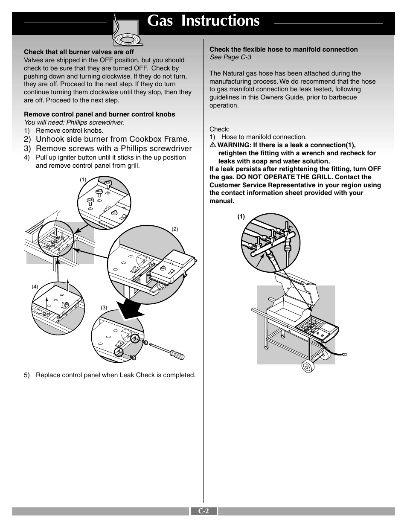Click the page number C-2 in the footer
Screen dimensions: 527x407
pyautogui.click(x=203, y=511)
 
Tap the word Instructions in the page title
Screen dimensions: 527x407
pyautogui.click(x=220, y=21)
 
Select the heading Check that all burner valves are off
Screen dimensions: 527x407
pyautogui.click(x=79, y=52)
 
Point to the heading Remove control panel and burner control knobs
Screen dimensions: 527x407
pyautogui.click(x=99, y=114)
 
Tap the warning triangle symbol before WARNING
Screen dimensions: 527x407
pyautogui.click(x=212, y=145)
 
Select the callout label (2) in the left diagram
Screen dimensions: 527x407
pyautogui.click(x=174, y=229)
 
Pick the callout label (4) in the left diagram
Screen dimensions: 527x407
pyautogui.click(x=35, y=287)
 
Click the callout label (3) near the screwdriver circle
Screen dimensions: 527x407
pyautogui.click(x=104, y=308)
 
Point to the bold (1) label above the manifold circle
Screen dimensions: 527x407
pyautogui.click(x=241, y=217)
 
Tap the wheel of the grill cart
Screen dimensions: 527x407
pyautogui.click(x=308, y=365)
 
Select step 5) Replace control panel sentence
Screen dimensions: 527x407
pyautogui.click(x=110, y=375)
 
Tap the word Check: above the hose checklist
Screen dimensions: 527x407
pyautogui.click(x=219, y=129)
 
